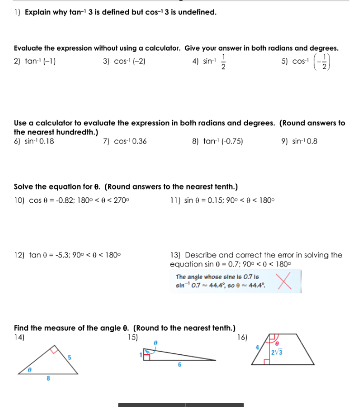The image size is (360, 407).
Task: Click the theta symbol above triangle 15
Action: tap(156, 342)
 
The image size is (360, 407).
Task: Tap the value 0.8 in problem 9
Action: tap(312, 141)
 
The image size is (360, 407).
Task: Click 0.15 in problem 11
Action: tap(212, 201)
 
